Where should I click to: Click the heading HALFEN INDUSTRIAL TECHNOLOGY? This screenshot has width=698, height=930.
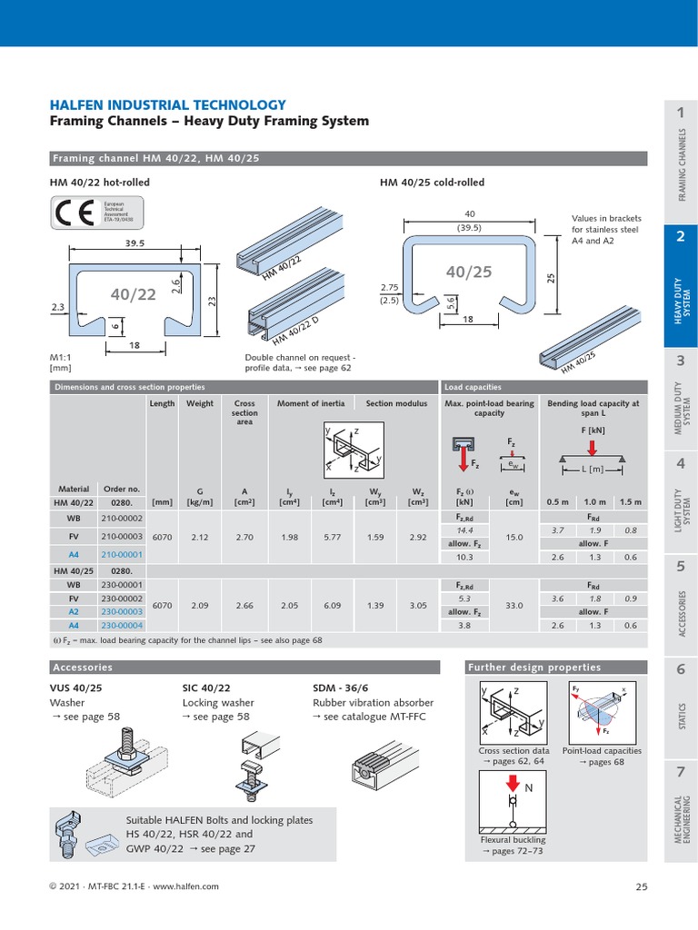[167, 104]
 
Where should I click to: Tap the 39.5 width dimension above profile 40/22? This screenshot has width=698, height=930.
[136, 242]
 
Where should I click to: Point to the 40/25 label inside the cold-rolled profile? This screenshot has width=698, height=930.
[468, 272]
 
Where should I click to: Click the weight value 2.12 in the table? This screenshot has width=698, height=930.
[200, 537]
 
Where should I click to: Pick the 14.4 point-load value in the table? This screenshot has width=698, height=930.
[465, 529]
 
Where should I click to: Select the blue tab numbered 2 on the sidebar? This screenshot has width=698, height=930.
[680, 237]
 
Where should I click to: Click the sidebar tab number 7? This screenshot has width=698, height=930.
[680, 772]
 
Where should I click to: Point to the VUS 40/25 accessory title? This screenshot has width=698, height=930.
[77, 688]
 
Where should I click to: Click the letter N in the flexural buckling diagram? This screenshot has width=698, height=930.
[528, 789]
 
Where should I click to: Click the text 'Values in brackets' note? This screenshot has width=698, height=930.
[606, 218]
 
